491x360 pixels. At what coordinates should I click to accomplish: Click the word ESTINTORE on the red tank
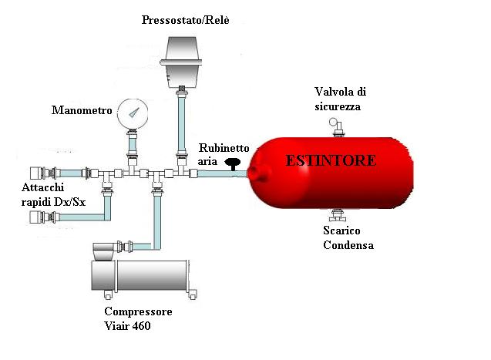pos(331,161)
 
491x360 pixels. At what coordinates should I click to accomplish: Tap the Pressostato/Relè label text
pos(185,19)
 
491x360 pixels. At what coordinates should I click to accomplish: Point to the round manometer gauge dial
pos(133,116)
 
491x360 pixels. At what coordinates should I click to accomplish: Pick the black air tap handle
pos(231,162)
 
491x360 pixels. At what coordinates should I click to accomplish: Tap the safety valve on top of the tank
pos(337,126)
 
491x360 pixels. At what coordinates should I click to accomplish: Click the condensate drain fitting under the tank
pos(336,214)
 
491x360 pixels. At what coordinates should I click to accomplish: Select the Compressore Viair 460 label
pos(138,319)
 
